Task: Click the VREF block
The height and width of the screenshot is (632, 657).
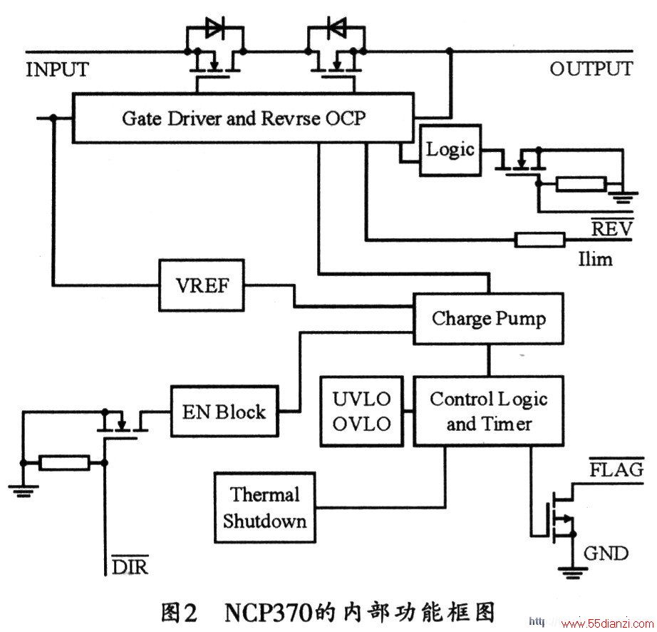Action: click(x=202, y=285)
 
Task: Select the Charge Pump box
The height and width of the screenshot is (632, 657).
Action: click(x=488, y=319)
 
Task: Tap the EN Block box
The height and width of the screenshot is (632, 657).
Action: click(x=224, y=412)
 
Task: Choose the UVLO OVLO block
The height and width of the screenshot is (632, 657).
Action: click(x=362, y=412)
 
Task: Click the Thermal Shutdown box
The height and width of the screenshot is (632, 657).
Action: click(x=265, y=508)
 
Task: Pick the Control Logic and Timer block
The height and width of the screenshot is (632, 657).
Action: click(x=488, y=412)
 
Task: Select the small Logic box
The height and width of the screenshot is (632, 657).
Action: click(x=450, y=150)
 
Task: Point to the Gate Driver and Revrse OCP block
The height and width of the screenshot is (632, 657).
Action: click(x=243, y=118)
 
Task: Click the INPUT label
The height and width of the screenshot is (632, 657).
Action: click(x=58, y=69)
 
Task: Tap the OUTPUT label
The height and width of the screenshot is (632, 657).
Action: click(x=591, y=69)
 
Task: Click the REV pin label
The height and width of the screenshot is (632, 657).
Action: click(x=611, y=228)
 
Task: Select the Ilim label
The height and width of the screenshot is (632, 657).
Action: click(x=596, y=259)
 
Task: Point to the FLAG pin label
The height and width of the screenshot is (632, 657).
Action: click(x=616, y=469)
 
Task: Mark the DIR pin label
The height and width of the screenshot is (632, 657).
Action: click(x=130, y=566)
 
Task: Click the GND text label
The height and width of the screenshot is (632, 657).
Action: click(x=606, y=554)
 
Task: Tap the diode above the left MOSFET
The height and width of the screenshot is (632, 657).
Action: click(x=215, y=29)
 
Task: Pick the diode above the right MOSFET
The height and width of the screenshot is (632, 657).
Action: click(x=336, y=29)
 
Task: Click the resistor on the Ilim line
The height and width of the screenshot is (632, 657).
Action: click(x=539, y=240)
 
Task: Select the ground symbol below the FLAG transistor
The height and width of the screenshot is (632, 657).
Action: click(x=573, y=573)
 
